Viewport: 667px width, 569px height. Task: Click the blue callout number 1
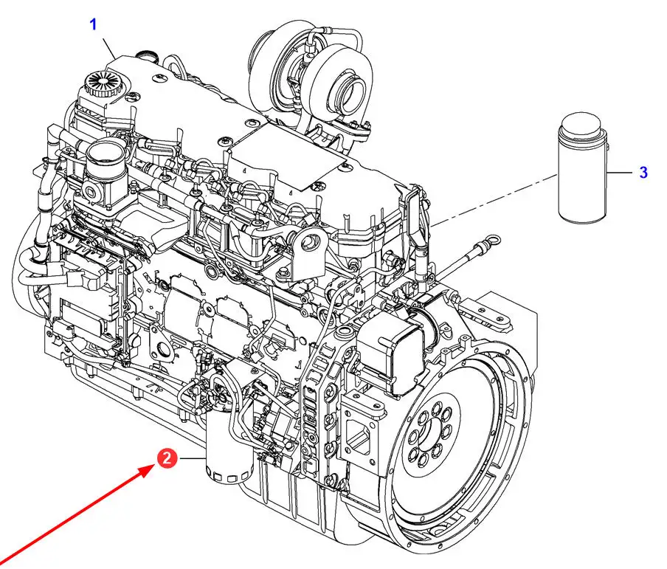94,24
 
